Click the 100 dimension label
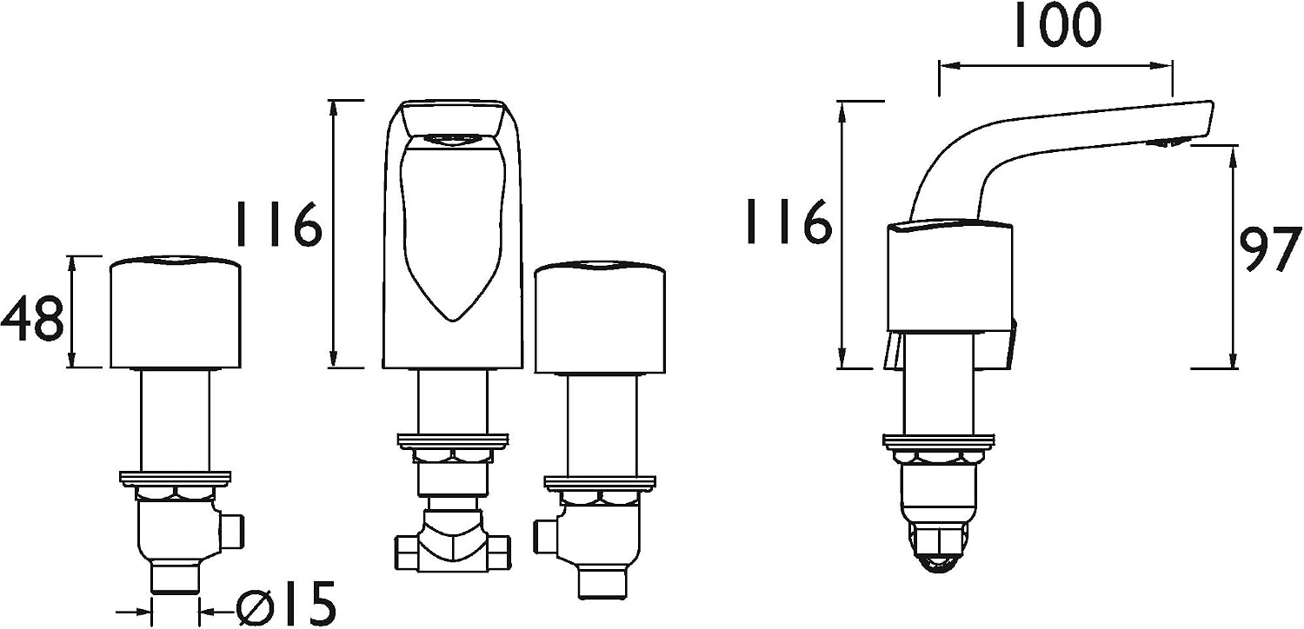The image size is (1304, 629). (1058, 26)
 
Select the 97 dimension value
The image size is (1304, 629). (1270, 250)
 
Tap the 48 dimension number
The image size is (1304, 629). (32, 319)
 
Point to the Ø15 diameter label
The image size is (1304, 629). (286, 603)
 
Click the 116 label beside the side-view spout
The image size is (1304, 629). (788, 222)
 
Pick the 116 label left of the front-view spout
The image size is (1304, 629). (277, 224)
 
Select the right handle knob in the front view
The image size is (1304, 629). (600, 318)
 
